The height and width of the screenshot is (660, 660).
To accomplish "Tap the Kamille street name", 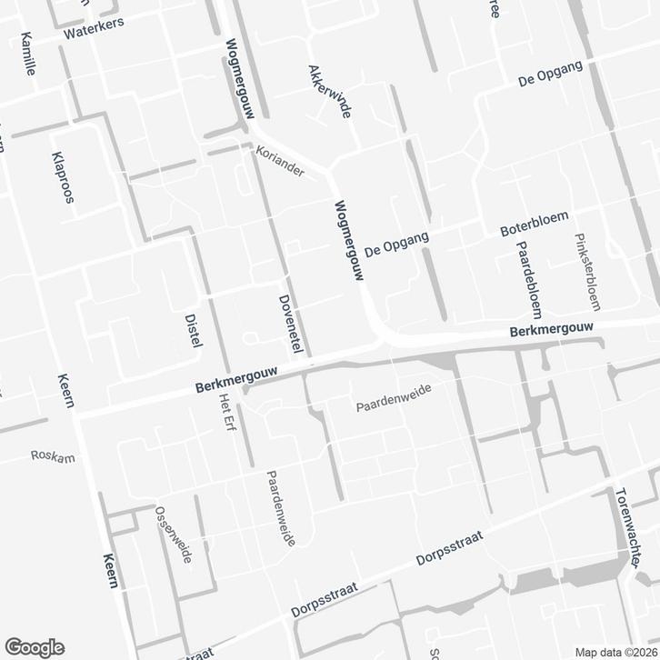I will coord(27,54).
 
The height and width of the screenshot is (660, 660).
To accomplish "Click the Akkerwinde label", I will coord(329,92).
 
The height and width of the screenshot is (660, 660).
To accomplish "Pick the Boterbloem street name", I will coord(535,225).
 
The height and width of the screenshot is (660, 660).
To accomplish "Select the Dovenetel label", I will coord(290,324).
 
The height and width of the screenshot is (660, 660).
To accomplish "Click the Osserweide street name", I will coord(173,535).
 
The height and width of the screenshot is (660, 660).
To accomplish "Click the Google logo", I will coord(33,646).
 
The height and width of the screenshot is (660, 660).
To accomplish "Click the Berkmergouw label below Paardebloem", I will coord(551,330).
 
